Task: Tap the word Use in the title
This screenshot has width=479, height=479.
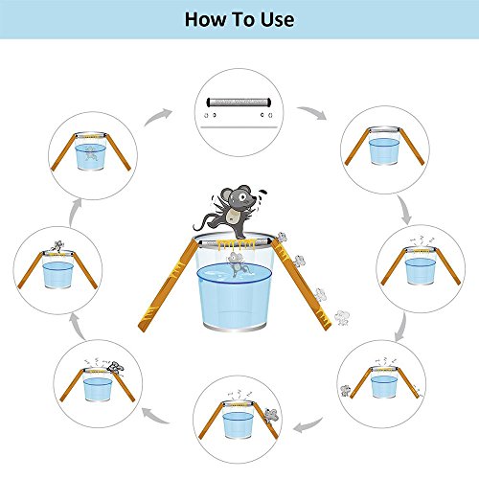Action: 278,19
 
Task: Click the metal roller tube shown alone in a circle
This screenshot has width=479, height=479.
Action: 239,103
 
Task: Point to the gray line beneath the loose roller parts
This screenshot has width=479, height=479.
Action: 239,127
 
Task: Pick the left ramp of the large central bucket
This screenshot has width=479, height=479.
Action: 169,285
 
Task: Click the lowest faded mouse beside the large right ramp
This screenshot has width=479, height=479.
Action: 342,318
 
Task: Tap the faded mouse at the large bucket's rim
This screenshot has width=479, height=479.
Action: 282,238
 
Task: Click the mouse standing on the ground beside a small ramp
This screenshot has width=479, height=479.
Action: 345,391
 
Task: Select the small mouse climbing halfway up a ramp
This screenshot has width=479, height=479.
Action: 271,415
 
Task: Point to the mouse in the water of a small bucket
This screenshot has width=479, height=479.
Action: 91,154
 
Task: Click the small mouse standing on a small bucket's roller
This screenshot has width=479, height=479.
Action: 57,246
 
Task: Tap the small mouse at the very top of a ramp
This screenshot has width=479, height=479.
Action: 115,367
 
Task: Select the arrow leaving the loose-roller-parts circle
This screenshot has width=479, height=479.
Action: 312,112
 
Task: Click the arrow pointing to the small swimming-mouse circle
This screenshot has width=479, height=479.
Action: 75,213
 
